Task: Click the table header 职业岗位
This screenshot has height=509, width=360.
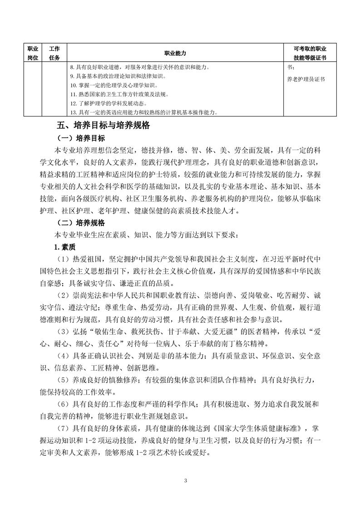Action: tap(32, 53)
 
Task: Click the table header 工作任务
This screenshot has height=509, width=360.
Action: tap(54, 53)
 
